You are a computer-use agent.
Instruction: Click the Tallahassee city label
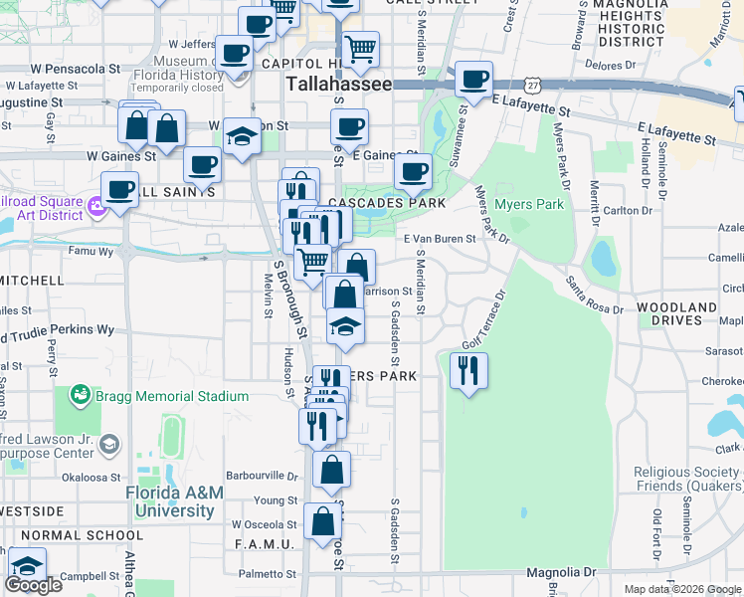[337, 85]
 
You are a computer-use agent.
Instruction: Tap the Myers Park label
[536, 205]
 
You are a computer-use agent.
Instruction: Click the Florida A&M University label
[174, 502]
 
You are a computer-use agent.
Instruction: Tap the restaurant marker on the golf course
[465, 370]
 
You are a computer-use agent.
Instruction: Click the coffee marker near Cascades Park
[412, 171]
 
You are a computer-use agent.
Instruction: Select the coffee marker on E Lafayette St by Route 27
[473, 78]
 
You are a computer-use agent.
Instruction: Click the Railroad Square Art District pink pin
[96, 208]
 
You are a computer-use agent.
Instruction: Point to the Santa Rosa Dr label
[595, 297]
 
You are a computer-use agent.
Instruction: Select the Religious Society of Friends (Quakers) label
[688, 480]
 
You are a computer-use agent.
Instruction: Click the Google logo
[33, 585]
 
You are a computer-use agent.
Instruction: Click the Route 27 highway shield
[534, 86]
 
